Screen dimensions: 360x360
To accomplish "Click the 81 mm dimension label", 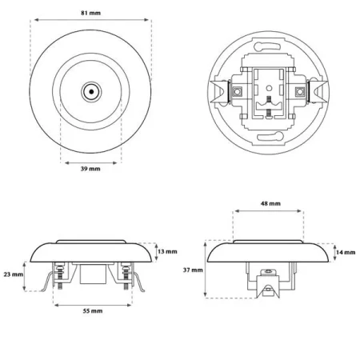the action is point(91,13).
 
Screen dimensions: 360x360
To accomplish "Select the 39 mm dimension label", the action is point(90,169).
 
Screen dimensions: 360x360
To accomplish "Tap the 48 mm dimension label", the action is point(270,203).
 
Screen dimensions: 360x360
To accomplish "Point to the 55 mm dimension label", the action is point(93,310).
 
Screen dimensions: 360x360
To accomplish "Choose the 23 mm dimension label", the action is point(14,274).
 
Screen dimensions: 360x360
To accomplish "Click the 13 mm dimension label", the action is point(167,251).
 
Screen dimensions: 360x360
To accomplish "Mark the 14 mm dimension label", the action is point(346,252).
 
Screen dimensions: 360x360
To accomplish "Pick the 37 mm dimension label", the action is point(193,270).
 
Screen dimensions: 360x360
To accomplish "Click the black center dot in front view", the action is point(91,92).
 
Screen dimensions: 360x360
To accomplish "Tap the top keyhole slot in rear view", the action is point(268,46).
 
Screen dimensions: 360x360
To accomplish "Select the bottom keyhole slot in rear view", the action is point(270,137).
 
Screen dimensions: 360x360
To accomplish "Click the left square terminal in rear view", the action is point(237,91).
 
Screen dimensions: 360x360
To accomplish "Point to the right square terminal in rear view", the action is point(300,91).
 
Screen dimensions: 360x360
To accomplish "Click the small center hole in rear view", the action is point(269,87).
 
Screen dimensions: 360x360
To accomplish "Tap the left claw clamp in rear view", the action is point(220,92).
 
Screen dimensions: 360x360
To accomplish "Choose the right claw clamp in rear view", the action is point(318,91).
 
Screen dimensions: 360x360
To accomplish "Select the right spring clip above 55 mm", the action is point(138,282).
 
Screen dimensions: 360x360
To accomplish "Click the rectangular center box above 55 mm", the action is point(94,274).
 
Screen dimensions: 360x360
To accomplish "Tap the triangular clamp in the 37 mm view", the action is point(268,287).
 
